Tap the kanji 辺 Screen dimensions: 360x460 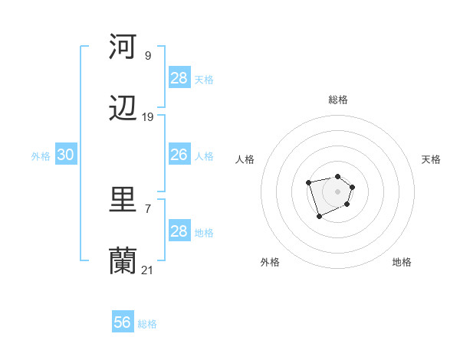(x=123, y=110)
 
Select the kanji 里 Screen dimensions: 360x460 (x=123, y=200)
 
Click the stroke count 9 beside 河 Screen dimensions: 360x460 (x=148, y=55)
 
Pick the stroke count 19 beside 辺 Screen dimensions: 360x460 (x=148, y=117)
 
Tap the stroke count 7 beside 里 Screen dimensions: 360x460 (x=148, y=208)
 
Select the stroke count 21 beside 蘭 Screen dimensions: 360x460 (x=148, y=270)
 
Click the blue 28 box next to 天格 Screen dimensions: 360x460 (x=179, y=78)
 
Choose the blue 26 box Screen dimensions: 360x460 (x=179, y=155)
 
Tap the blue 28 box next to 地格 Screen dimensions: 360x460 (x=179, y=231)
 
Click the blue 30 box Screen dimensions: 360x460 (x=66, y=155)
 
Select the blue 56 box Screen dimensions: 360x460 (x=123, y=322)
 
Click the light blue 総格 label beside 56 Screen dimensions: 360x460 (x=147, y=324)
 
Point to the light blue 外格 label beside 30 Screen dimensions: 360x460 (x=41, y=156)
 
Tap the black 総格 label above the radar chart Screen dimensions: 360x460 (x=338, y=100)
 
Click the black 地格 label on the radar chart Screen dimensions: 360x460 (x=402, y=262)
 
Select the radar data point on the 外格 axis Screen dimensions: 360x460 (x=319, y=217)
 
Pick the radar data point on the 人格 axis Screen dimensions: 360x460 (x=308, y=182)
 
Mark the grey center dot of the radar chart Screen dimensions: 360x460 (x=338, y=191)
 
